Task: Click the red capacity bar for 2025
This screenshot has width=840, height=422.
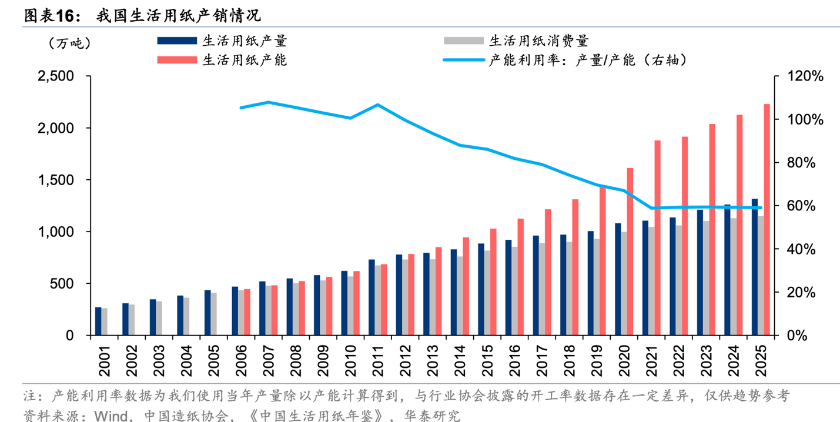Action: (x=767, y=219)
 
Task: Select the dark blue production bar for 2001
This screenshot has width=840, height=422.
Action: (x=98, y=321)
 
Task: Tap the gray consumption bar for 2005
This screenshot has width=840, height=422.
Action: (x=214, y=314)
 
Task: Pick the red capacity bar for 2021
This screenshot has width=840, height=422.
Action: (x=657, y=238)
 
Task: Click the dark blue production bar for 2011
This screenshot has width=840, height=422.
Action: (x=372, y=297)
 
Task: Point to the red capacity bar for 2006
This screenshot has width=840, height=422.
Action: (x=247, y=312)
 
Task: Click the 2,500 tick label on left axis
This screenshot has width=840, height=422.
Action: (x=56, y=76)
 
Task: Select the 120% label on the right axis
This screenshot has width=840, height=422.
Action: (x=805, y=76)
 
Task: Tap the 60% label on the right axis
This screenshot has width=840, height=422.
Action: (x=801, y=206)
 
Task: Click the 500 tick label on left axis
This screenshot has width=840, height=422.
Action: (x=62, y=283)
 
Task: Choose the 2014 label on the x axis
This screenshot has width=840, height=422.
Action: (x=460, y=361)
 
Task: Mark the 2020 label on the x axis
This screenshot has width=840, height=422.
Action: (x=624, y=361)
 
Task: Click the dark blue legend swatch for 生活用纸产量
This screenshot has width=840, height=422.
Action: (x=177, y=41)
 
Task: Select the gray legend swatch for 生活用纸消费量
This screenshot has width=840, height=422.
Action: (x=464, y=41)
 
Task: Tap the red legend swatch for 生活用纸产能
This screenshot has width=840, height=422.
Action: (x=177, y=60)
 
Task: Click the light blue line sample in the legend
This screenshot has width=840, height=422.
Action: (x=464, y=60)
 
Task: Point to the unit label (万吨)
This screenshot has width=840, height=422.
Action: (x=70, y=43)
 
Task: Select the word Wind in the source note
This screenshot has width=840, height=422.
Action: (x=111, y=416)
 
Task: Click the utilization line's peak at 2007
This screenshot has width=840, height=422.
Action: (x=269, y=102)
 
